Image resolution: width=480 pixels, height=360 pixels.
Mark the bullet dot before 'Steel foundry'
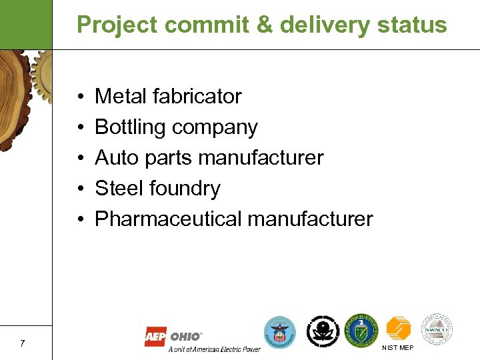coord(79,189)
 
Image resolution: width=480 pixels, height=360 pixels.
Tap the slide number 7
coord(23,343)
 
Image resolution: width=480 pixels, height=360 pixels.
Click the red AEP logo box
coord(155,337)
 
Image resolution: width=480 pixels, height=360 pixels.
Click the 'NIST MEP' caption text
coord(397,348)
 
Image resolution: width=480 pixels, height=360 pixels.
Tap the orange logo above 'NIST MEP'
coord(399,329)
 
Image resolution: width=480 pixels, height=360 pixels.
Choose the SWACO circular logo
coord(437,329)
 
